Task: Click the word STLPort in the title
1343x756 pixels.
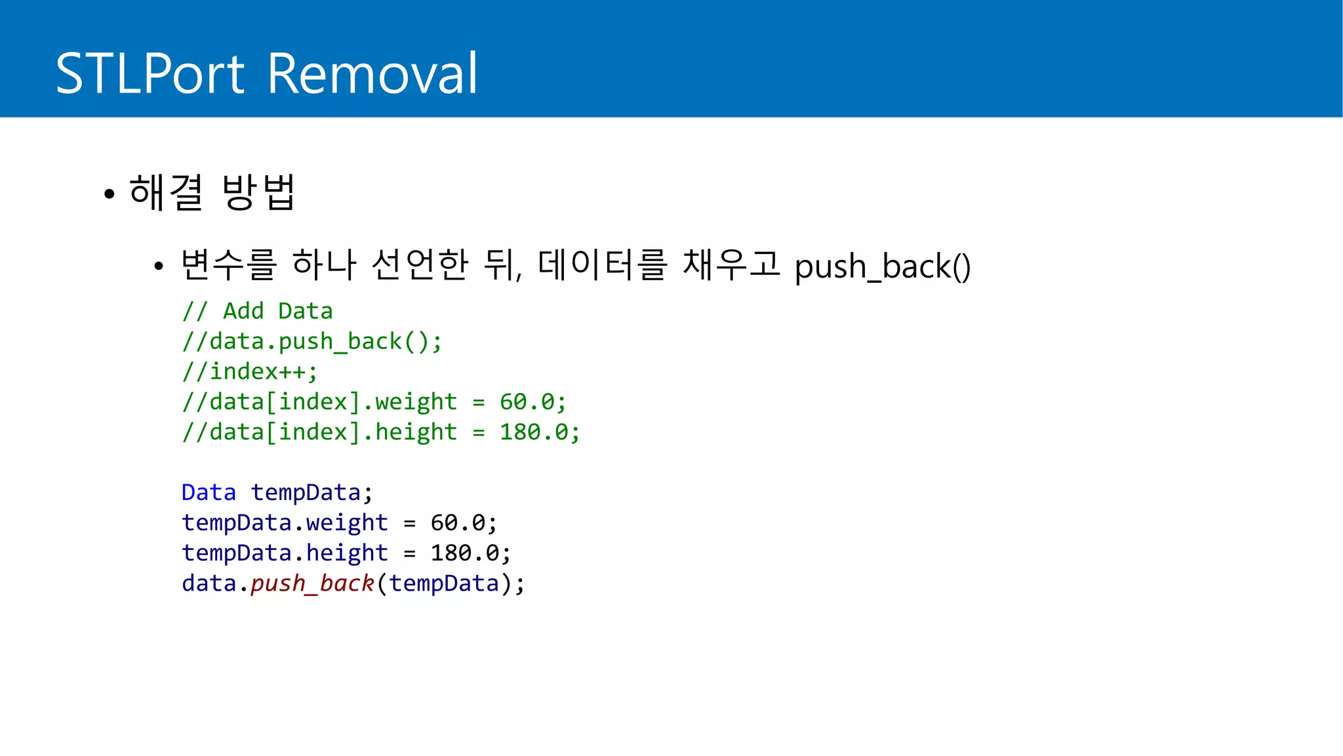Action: tap(150, 73)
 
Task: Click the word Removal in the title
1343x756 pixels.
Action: tap(372, 73)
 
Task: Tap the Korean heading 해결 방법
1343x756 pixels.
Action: tap(212, 192)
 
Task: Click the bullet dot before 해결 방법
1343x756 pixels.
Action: tap(109, 194)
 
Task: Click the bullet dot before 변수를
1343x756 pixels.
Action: tap(158, 266)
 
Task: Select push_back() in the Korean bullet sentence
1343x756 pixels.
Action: tap(882, 266)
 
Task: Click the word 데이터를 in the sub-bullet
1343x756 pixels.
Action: tap(602, 264)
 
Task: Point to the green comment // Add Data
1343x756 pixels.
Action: tap(258, 311)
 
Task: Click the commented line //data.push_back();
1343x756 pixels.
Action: tap(312, 341)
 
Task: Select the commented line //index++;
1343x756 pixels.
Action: tap(250, 371)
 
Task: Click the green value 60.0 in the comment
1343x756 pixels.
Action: tap(527, 402)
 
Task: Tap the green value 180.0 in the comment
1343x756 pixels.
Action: tap(534, 432)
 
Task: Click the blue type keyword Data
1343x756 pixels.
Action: tap(209, 492)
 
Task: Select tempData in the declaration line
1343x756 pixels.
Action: tap(306, 492)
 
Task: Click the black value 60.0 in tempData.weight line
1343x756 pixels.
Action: tap(458, 522)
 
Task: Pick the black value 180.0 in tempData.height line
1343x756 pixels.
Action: tap(464, 553)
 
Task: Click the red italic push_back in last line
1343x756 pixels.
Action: tap(312, 583)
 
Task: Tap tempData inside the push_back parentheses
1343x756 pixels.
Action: tap(444, 583)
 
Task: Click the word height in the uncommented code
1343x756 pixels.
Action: tap(347, 553)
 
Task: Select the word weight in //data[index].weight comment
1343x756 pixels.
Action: tap(416, 402)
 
